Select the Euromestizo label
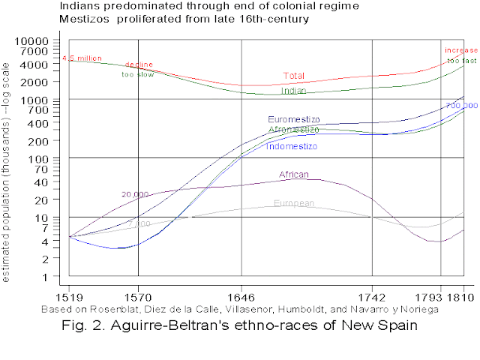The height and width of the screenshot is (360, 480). (x=294, y=119)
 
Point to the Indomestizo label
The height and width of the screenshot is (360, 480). (x=292, y=146)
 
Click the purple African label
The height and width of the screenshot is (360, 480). (x=294, y=175)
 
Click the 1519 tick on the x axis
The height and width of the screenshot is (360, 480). (x=69, y=297)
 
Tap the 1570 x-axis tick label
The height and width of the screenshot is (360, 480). (x=139, y=297)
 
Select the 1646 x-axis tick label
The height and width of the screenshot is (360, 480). (x=241, y=297)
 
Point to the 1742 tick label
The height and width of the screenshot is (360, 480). (x=372, y=297)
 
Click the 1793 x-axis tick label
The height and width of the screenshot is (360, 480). (x=439, y=297)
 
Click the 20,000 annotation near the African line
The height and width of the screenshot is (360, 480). (x=135, y=194)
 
